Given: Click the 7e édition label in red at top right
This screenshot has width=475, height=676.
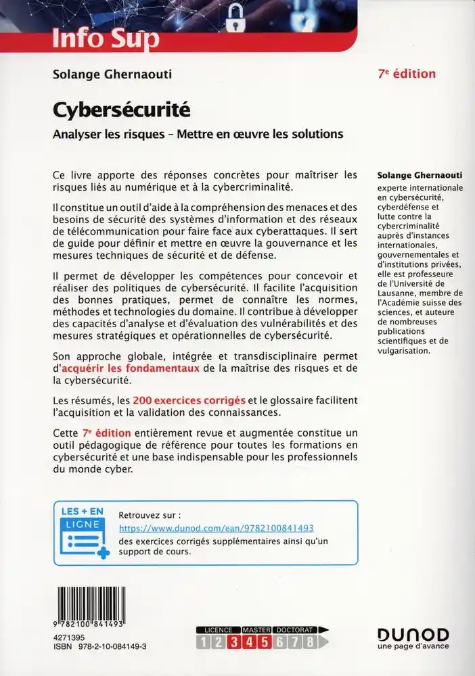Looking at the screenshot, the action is point(406,74).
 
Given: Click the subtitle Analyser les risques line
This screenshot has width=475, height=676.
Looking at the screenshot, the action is point(198,133).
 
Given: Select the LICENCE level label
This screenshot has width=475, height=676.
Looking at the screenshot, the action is point(218,629).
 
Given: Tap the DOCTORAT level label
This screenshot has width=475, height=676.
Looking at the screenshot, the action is point(293,629).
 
